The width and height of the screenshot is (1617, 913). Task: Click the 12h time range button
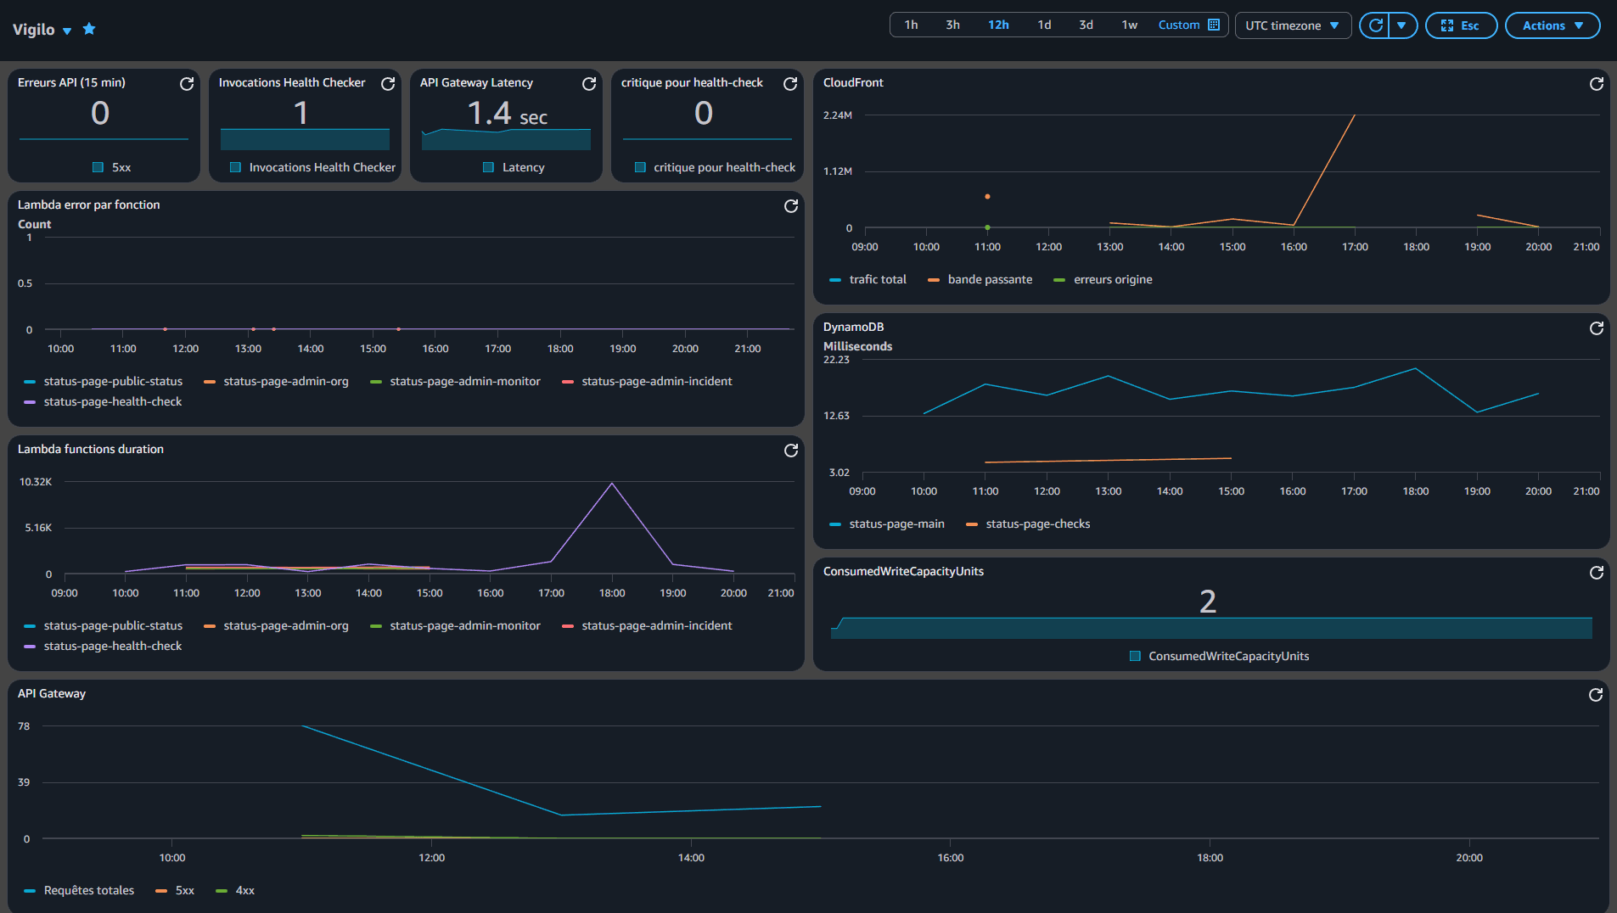click(998, 25)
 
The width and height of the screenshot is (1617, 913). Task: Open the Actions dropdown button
click(1552, 25)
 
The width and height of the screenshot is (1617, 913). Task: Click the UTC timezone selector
click(1292, 25)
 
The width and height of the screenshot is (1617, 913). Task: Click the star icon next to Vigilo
click(89, 29)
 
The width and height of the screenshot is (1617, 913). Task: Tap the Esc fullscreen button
click(1460, 25)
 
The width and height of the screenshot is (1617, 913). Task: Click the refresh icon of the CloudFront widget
click(1596, 83)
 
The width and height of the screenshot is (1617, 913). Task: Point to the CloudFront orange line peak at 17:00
click(1354, 115)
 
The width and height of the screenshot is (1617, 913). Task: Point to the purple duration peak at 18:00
click(612, 484)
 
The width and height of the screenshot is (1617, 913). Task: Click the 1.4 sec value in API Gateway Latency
click(507, 113)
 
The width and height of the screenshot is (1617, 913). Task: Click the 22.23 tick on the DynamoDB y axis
click(836, 360)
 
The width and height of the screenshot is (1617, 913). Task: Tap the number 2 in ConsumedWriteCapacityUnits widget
click(1207, 601)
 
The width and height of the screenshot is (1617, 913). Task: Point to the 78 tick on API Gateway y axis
click(24, 726)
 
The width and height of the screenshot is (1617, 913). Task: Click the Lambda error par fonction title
click(88, 204)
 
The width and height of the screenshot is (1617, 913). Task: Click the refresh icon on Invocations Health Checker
click(388, 83)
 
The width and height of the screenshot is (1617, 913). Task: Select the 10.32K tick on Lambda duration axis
click(36, 482)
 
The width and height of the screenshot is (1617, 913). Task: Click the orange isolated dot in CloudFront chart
click(987, 197)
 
